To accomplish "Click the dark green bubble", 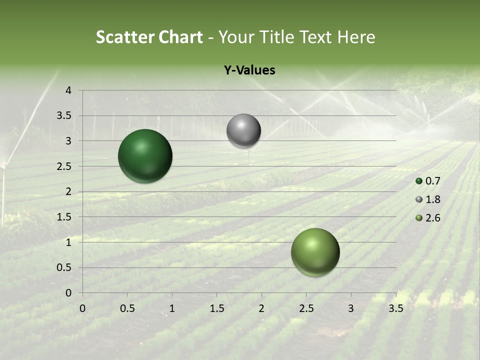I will pyautogui.click(x=145, y=156).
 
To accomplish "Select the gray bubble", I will pyautogui.click(x=243, y=131).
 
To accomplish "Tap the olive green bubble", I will pyautogui.click(x=315, y=252).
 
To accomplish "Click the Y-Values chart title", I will pyautogui.click(x=249, y=70).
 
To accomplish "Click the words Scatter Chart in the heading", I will pyautogui.click(x=149, y=37).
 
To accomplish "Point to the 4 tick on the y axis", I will pyautogui.click(x=68, y=90).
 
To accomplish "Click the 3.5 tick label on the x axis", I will pyautogui.click(x=395, y=308).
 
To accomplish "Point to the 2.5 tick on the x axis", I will pyautogui.click(x=306, y=308).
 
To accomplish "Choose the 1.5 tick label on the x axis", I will pyautogui.click(x=216, y=308).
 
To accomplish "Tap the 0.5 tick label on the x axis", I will pyautogui.click(x=127, y=308).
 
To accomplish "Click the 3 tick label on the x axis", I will pyautogui.click(x=351, y=308).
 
